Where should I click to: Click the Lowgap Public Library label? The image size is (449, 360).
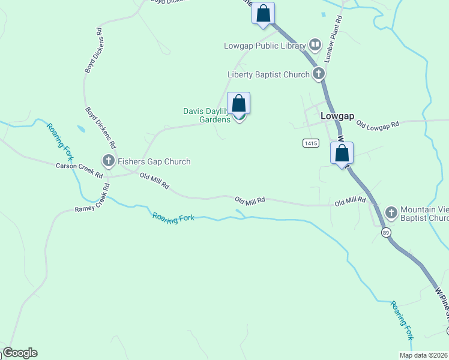(265, 46)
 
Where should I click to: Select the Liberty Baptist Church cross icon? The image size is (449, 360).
(319, 74)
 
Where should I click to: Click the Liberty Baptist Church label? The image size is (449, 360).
(268, 75)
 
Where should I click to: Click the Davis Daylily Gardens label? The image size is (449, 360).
(206, 115)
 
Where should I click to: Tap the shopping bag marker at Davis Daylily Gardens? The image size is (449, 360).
(239, 104)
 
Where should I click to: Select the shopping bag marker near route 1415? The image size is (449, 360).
(342, 153)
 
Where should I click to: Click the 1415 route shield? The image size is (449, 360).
(310, 143)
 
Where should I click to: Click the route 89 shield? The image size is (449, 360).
(385, 233)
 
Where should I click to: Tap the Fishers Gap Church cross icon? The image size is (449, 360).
(109, 161)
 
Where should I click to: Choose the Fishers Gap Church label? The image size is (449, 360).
(154, 161)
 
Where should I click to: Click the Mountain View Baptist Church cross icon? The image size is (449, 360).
(391, 212)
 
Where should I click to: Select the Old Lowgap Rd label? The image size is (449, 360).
(377, 125)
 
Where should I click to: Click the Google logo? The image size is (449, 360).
(20, 353)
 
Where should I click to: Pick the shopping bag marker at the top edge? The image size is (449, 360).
(263, 13)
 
